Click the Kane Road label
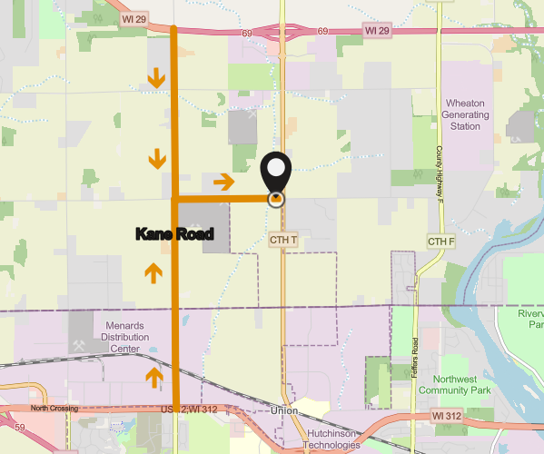174,234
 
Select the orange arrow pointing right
223,183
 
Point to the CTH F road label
440,241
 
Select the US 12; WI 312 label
189,410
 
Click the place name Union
284,411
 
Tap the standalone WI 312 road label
448,414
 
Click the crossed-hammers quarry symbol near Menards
80,346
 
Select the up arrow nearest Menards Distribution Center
153,375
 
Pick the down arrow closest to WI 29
157,78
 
